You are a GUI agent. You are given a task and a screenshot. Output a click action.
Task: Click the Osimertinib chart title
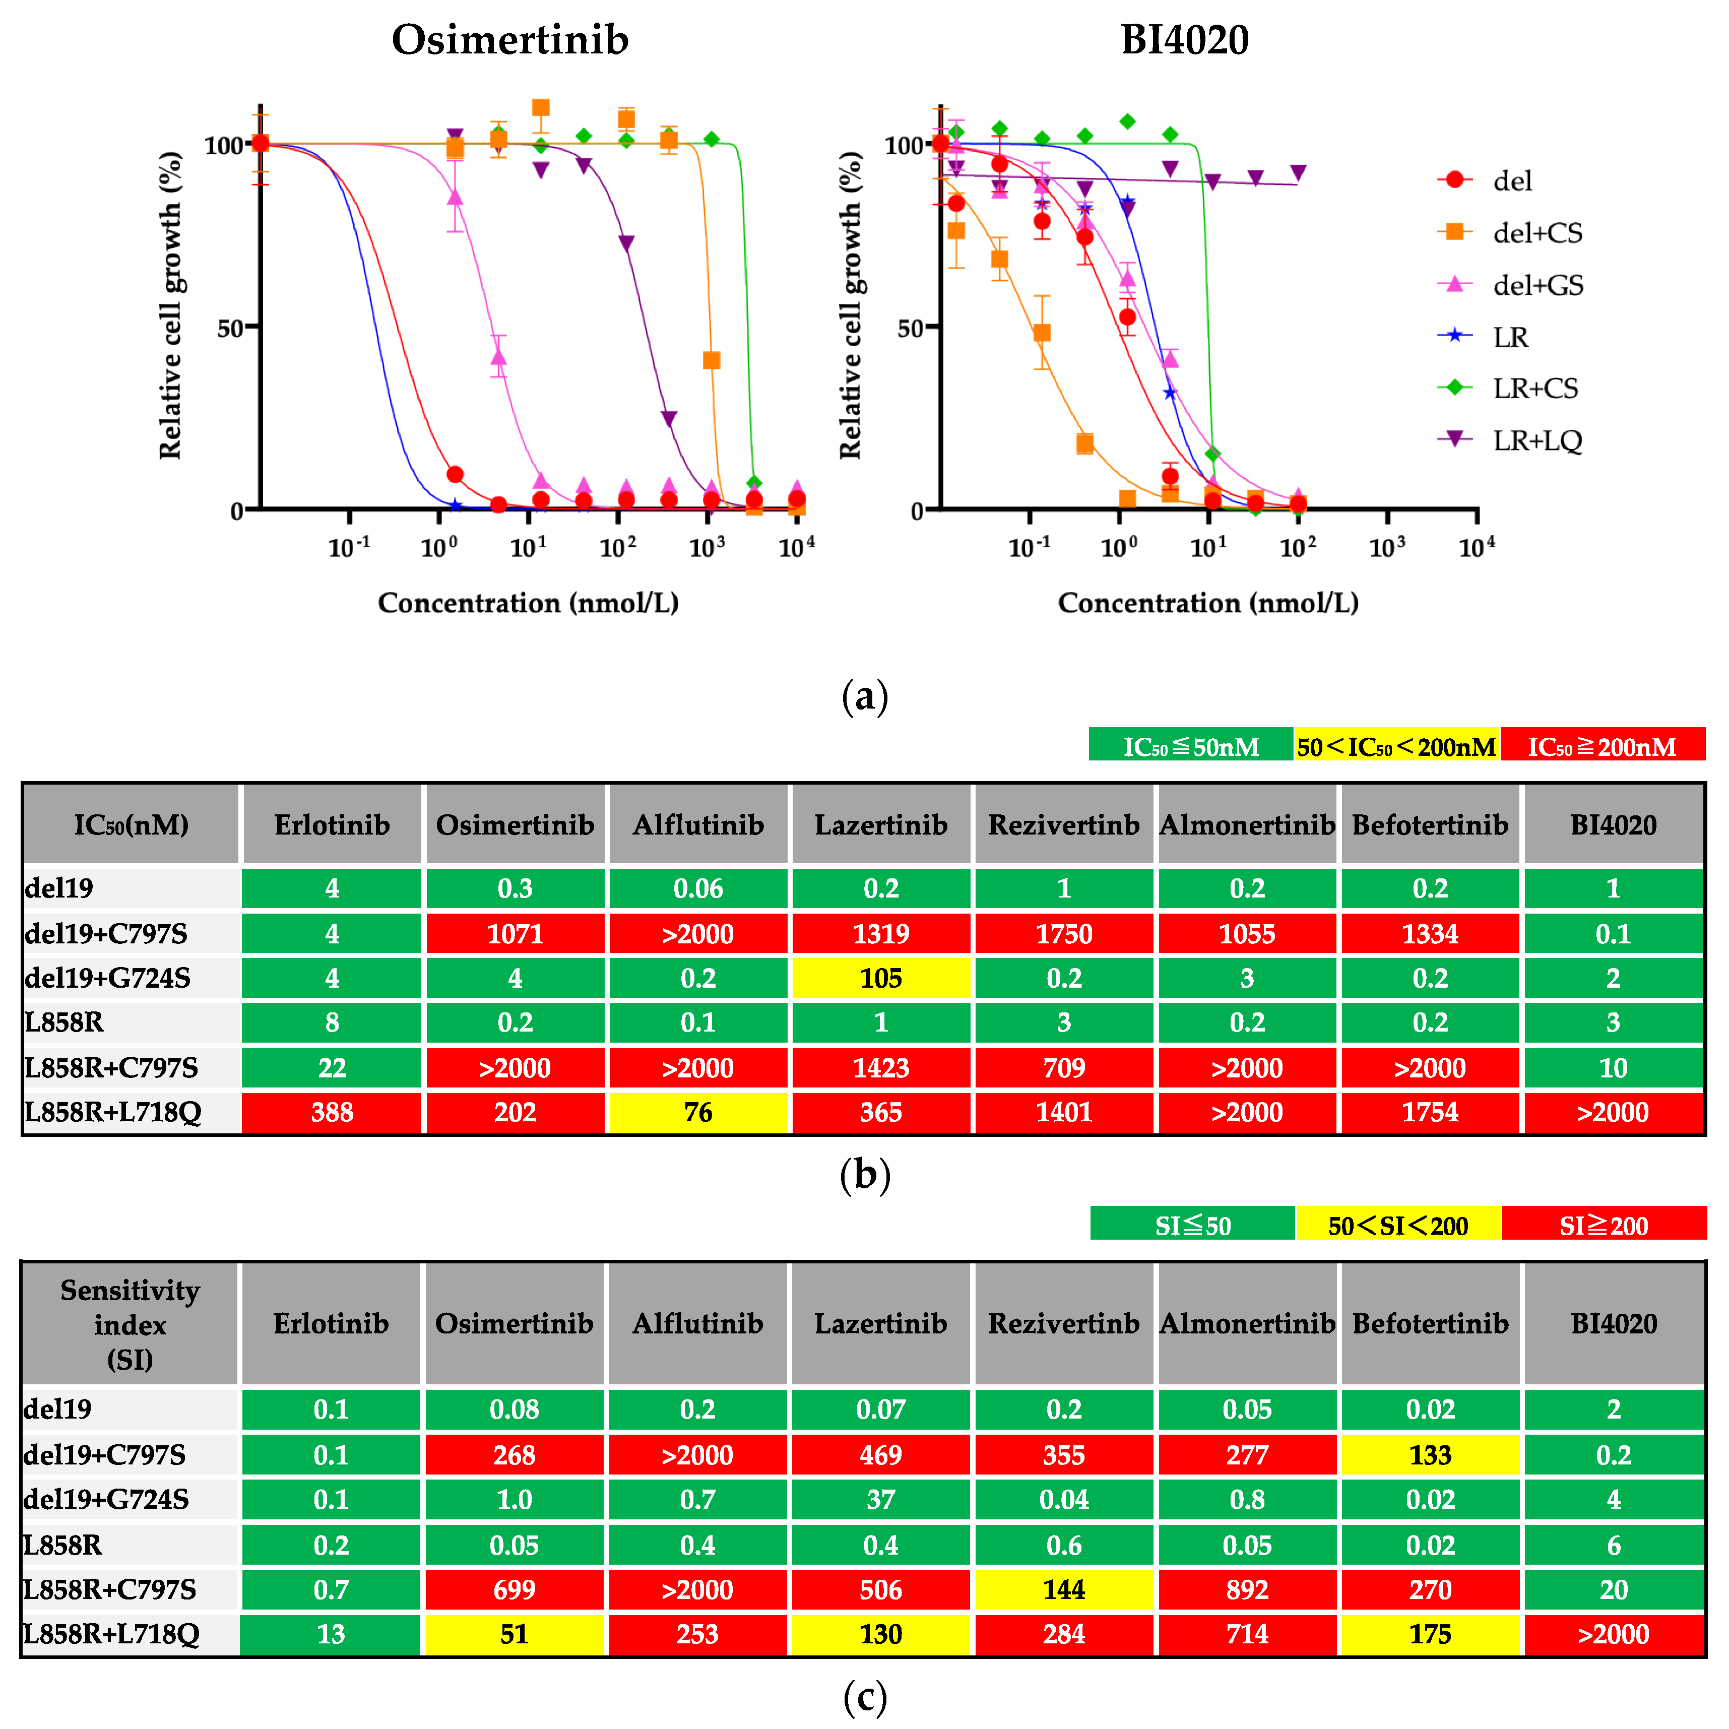pos(510,40)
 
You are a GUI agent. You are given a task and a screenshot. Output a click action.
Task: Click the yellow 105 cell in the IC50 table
pos(880,978)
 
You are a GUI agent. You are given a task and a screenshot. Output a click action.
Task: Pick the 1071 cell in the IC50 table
pos(515,933)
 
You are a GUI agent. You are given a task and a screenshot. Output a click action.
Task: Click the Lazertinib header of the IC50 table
pos(880,824)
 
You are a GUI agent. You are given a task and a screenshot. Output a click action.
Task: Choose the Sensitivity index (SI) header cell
pos(130,1324)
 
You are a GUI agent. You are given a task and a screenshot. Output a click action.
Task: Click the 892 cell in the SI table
pos(1247,1589)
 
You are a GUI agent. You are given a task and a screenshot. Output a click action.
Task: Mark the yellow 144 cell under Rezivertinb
pos(1063,1589)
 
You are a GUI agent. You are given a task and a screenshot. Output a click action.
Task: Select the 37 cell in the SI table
pos(880,1499)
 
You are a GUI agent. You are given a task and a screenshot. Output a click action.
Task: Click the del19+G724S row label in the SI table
pos(106,1499)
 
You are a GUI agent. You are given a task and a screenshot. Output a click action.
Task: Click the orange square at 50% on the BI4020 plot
pos(1042,333)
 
